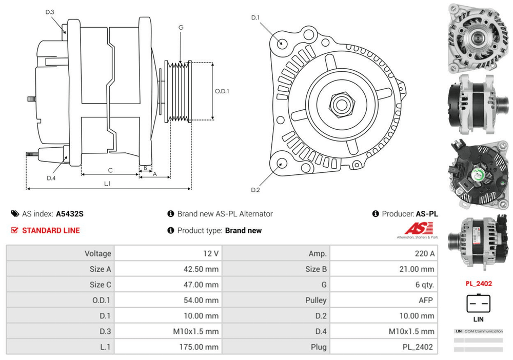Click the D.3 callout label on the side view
click(50, 12)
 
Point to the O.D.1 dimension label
click(222, 91)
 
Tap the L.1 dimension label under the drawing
click(108, 183)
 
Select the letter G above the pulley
click(181, 27)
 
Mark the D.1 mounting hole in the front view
click(282, 43)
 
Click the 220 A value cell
click(424, 253)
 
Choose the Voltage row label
click(98, 253)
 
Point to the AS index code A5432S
click(70, 214)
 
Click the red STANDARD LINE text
click(51, 230)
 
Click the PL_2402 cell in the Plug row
click(418, 347)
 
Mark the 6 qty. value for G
click(424, 285)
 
